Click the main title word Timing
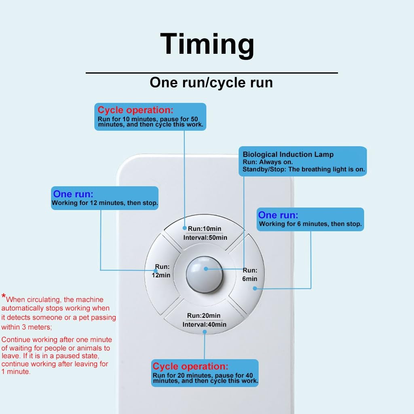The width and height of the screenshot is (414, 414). click(207, 45)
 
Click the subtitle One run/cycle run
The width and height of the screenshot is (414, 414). click(211, 82)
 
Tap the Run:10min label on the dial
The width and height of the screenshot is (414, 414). click(204, 229)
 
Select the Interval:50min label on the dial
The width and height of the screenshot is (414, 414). click(205, 238)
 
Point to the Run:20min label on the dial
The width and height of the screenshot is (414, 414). click(204, 315)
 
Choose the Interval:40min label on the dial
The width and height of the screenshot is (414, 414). click(204, 325)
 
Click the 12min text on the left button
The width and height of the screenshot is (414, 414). click(161, 275)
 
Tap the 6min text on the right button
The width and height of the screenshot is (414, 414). click(250, 279)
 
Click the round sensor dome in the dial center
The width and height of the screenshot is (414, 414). click(205, 275)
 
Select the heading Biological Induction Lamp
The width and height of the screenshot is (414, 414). click(288, 154)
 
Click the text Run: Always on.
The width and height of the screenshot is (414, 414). click(268, 162)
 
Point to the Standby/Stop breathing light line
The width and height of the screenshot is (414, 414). click(304, 169)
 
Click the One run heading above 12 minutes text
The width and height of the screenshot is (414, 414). click(73, 194)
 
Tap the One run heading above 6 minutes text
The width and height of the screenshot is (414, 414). click(278, 215)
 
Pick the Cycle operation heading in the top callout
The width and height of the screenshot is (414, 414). click(135, 110)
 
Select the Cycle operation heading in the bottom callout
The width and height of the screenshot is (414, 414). click(190, 366)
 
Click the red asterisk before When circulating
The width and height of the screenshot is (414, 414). click(3, 296)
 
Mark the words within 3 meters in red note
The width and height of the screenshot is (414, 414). click(26, 327)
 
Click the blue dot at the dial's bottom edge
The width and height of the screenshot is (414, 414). click(205, 332)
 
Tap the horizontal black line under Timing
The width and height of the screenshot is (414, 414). click(212, 73)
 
